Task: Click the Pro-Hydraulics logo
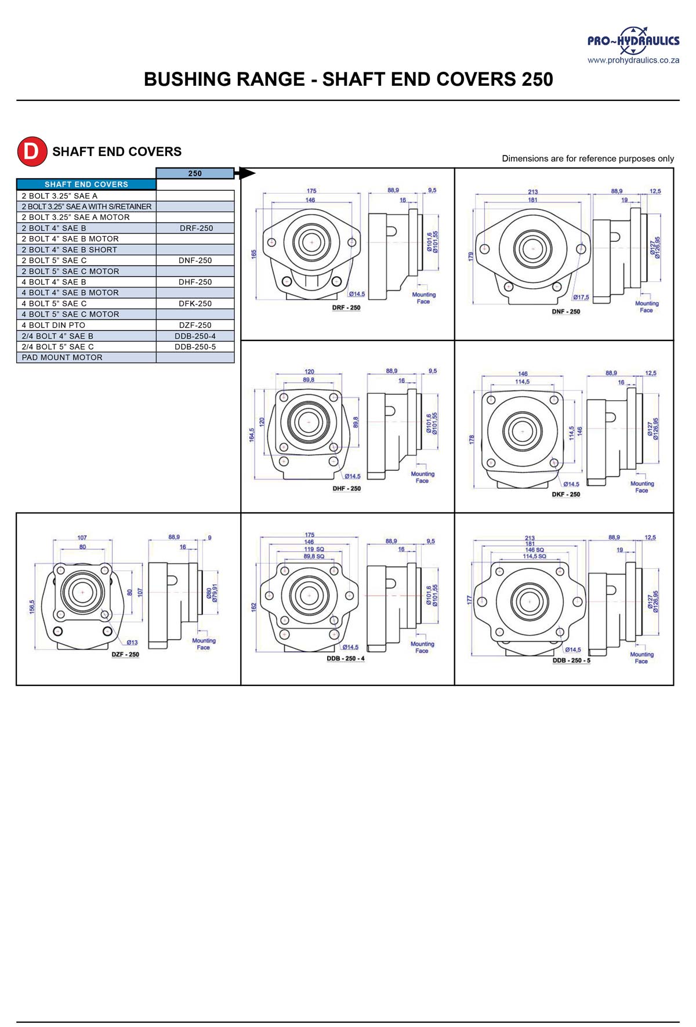click(633, 40)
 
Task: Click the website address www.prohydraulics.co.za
click(633, 60)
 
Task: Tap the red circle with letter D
click(31, 151)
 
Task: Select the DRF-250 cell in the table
click(196, 228)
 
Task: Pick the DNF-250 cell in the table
click(195, 260)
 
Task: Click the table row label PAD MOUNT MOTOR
click(62, 357)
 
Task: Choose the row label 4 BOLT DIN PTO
click(53, 325)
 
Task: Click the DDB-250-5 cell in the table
click(195, 347)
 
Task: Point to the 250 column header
click(195, 173)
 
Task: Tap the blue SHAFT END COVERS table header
click(86, 184)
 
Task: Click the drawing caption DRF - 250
click(346, 308)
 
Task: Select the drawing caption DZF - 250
click(125, 654)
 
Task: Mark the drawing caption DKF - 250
click(565, 495)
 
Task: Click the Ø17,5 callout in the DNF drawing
click(581, 297)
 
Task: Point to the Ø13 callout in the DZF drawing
click(132, 642)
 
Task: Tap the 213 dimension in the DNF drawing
click(532, 192)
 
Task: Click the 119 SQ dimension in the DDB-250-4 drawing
click(314, 549)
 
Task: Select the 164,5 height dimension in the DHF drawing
click(252, 435)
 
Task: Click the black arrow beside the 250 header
click(246, 173)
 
